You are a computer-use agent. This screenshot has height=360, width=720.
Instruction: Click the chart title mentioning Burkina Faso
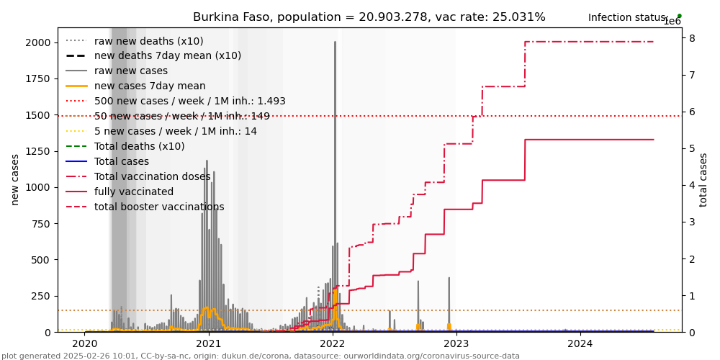pyautogui.click(x=369, y=17)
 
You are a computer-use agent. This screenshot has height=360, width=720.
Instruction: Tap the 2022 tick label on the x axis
pyautogui.click(x=333, y=344)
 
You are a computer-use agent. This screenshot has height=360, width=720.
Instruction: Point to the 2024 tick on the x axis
pyautogui.click(x=580, y=344)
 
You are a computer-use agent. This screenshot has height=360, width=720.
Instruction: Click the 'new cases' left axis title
pyautogui.click(x=15, y=180)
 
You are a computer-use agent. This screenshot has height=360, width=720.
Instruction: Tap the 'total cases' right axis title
pyautogui.click(x=703, y=180)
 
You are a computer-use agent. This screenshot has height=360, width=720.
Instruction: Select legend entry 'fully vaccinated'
pyautogui.click(x=134, y=192)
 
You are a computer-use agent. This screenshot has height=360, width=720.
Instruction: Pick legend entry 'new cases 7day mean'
pyautogui.click(x=150, y=86)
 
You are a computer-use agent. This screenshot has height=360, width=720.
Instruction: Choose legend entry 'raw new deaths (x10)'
pyautogui.click(x=148, y=41)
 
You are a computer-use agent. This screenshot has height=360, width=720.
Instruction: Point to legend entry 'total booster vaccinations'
pyautogui.click(x=159, y=207)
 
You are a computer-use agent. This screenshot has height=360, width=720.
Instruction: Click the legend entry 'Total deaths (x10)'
pyautogui.click(x=139, y=147)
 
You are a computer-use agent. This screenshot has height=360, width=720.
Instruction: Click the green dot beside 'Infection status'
pyautogui.click(x=679, y=16)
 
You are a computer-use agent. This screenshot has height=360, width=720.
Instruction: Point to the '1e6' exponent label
pyautogui.click(x=672, y=22)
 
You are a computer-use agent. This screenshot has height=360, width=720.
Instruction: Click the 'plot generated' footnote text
pyautogui.click(x=260, y=356)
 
